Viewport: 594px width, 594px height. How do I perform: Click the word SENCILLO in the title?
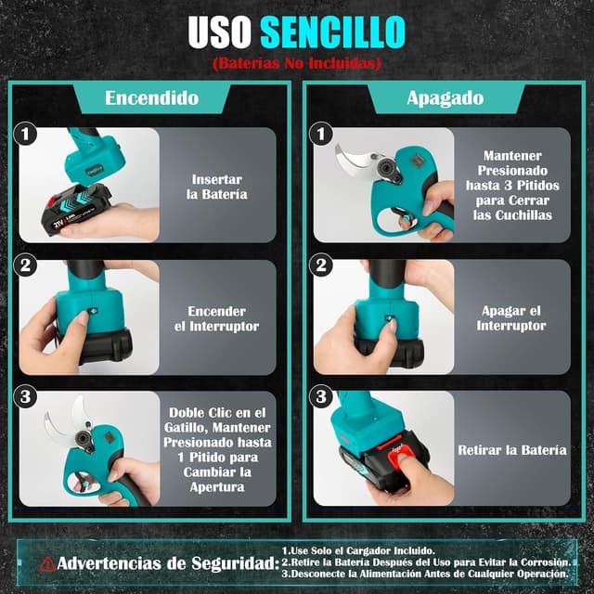332,32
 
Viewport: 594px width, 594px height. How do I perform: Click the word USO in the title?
220,32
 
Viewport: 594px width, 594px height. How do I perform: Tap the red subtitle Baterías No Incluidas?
297,63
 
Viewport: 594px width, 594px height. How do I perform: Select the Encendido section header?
152,97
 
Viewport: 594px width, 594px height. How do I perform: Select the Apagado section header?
445,98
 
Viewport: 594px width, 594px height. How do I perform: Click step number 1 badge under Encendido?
25,134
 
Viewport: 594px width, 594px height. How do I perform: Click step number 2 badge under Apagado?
321,265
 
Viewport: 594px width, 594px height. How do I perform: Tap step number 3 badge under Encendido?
25,396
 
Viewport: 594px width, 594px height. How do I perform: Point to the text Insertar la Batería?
216,187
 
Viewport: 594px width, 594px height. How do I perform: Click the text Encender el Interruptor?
216,318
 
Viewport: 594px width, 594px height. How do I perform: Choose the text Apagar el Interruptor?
511,318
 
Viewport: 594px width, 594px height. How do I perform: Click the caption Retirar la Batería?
512,450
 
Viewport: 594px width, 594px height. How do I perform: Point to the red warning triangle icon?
47,564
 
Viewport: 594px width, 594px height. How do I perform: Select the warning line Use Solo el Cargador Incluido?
358,550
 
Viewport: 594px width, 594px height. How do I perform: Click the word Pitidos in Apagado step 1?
538,186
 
